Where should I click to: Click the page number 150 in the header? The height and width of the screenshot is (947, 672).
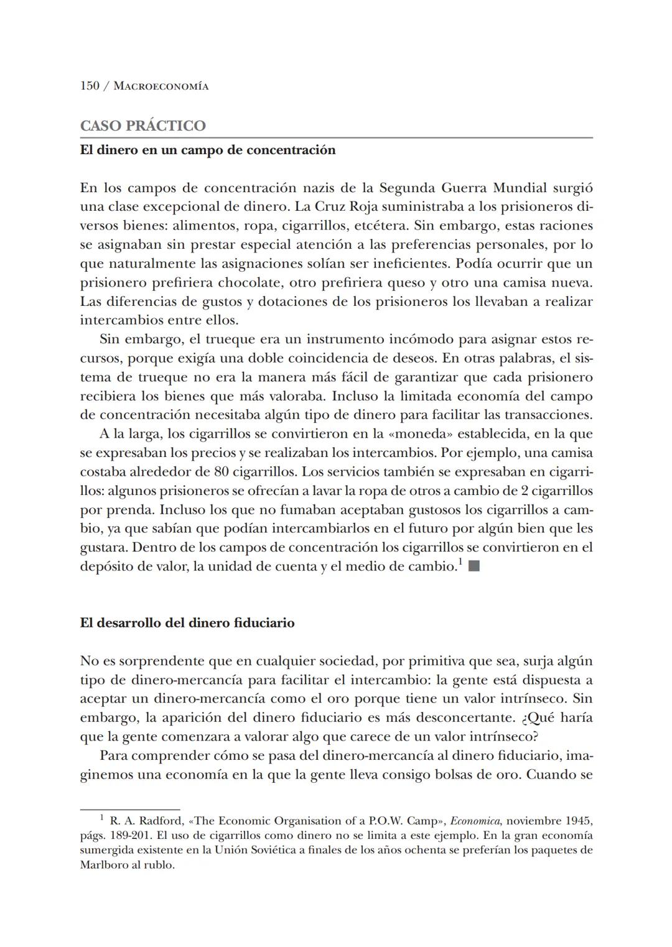click(90, 86)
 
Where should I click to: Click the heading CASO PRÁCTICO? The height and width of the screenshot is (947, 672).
click(142, 126)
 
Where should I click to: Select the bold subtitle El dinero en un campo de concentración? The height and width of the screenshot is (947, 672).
click(207, 150)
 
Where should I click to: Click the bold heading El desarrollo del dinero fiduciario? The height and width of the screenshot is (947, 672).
click(187, 623)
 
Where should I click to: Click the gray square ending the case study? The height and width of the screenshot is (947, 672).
click(474, 566)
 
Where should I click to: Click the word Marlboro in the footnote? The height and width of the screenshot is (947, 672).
click(102, 865)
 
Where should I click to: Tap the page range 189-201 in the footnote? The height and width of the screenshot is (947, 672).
click(128, 836)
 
